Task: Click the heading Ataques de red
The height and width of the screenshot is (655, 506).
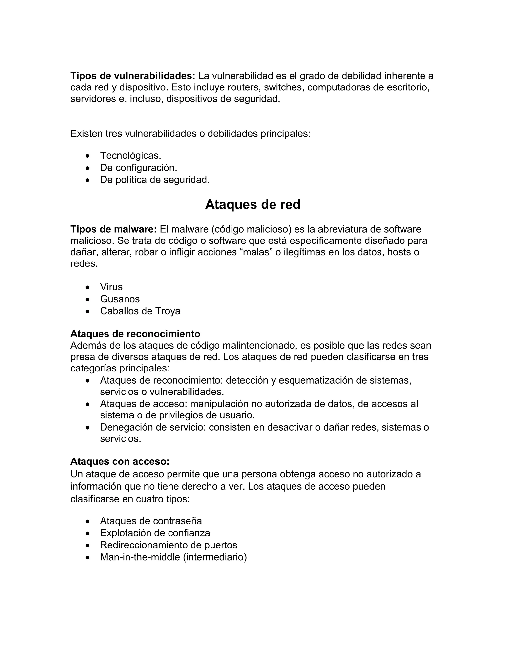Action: click(253, 205)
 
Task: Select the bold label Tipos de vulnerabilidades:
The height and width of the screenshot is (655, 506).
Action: click(132, 76)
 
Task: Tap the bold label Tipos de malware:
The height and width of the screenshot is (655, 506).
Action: click(113, 229)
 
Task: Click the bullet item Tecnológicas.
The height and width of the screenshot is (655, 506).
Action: click(130, 156)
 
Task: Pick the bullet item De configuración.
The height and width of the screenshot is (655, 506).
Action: click(139, 168)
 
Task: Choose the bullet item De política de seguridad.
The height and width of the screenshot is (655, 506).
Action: click(155, 180)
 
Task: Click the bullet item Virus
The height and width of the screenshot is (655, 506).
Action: click(111, 287)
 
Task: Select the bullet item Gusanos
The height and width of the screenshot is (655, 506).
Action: click(120, 299)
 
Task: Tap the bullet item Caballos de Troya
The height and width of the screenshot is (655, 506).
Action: click(140, 311)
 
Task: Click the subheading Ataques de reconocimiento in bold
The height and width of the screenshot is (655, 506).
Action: click(135, 334)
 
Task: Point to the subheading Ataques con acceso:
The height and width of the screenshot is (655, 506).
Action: click(120, 461)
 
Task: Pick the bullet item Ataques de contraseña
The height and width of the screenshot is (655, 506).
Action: click(151, 521)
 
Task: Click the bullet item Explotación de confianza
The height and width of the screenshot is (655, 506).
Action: click(155, 533)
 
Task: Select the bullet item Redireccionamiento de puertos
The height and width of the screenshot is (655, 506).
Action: click(169, 545)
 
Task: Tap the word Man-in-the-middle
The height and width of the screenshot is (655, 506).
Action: click(140, 557)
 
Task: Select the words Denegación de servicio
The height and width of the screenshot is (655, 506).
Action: click(153, 427)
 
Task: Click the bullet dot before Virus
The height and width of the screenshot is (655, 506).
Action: click(87, 287)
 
